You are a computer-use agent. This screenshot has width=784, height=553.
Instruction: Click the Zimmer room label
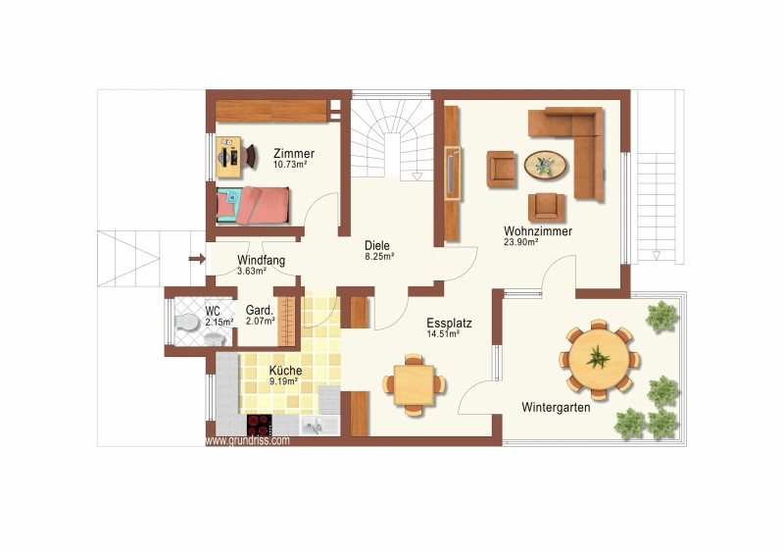[294, 153]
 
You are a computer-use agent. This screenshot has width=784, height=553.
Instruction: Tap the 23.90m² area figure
[521, 242]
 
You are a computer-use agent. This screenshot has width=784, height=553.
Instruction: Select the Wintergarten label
[556, 407]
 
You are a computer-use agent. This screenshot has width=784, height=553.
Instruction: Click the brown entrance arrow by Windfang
[197, 259]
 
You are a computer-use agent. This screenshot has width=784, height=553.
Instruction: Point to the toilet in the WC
[187, 323]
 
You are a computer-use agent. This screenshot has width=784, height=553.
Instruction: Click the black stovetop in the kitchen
[260, 425]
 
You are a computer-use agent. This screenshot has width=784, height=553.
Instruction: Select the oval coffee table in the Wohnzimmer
[546, 165]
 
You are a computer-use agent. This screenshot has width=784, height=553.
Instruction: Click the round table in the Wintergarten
[599, 359]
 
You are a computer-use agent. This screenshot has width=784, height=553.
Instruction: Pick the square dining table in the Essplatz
[414, 385]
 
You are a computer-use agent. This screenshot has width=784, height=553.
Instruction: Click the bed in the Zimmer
[253, 205]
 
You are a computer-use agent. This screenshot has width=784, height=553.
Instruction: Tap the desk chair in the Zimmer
[251, 157]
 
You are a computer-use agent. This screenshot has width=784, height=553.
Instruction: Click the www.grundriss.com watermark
[248, 441]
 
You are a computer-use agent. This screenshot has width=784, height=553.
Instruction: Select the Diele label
[377, 246]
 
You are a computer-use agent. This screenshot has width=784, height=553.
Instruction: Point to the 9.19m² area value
[284, 380]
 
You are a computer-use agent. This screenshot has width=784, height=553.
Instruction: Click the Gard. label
[260, 310]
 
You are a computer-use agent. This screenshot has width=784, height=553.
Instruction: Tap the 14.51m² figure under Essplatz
[443, 334]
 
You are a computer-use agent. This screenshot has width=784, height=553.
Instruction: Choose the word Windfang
[261, 260]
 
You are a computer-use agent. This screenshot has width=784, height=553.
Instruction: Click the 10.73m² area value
[290, 164]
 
